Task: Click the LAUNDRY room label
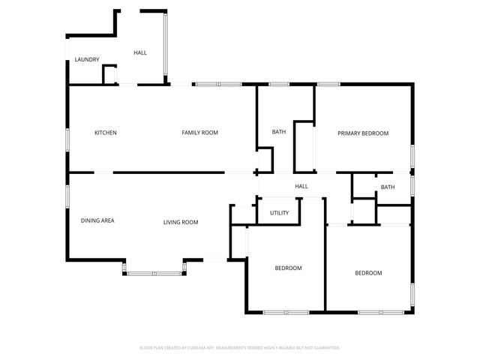87,59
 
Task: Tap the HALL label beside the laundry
140,52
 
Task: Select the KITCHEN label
105,133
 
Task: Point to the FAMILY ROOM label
199,133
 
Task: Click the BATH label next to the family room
278,133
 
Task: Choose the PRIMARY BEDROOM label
363,133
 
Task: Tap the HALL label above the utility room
301,187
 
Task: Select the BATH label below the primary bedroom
387,187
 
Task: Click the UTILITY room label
279,213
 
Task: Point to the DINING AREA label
97,221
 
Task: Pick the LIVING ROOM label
181,222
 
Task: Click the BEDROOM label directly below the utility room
288,268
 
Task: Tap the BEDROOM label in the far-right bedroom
368,273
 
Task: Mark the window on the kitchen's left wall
68,139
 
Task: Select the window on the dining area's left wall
68,195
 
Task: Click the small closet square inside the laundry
109,74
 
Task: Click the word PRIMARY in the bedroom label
349,133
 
